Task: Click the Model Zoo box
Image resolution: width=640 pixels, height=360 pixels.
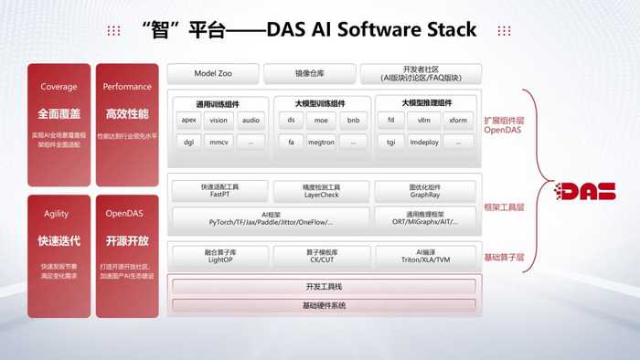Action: [213, 73]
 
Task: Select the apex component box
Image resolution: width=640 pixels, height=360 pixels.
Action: [189, 120]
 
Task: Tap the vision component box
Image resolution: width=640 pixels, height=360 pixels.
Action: [219, 120]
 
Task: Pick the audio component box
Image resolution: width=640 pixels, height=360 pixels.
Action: [251, 120]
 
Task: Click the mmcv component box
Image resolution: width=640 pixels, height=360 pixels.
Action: [219, 142]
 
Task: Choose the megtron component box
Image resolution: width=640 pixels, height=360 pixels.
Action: [320, 142]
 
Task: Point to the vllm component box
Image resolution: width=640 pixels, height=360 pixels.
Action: [423, 120]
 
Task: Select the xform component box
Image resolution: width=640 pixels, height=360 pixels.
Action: [458, 120]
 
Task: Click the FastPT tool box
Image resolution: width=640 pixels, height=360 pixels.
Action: [219, 190]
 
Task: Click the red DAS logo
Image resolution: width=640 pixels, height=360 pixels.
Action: [589, 191]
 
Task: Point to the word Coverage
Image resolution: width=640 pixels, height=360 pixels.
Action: [59, 87]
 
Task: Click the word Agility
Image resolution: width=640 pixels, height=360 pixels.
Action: [57, 214]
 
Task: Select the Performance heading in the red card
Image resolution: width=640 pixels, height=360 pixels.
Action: [127, 87]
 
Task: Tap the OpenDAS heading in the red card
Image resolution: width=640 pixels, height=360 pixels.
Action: [127, 214]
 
